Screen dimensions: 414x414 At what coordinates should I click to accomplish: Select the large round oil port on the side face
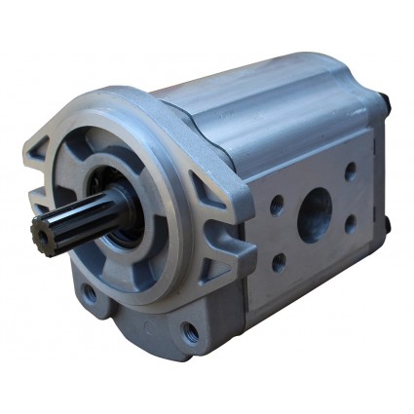314,214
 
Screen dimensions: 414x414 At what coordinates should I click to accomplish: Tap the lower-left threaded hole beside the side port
280,261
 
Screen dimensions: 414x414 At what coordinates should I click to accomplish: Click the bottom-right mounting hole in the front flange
188,330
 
